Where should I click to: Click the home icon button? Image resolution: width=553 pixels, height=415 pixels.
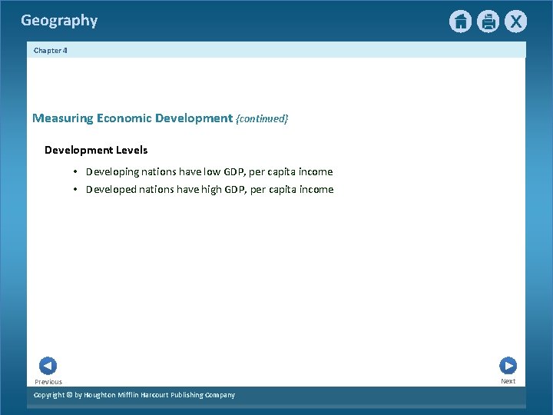(x=460, y=22)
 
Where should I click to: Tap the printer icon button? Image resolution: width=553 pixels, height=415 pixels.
(x=488, y=22)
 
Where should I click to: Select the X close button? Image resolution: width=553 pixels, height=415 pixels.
(x=515, y=22)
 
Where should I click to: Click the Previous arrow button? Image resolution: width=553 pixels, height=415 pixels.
(x=48, y=366)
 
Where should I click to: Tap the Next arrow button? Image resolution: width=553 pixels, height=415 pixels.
(x=508, y=366)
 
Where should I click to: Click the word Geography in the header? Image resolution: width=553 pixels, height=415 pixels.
(x=59, y=21)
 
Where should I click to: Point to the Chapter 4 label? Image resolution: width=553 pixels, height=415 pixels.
(x=51, y=50)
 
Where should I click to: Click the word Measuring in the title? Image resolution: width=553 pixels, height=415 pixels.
(x=62, y=118)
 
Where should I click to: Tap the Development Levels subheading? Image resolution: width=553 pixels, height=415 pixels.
(x=96, y=150)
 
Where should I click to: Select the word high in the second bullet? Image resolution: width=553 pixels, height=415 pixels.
(x=215, y=190)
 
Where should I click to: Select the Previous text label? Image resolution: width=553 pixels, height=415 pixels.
(x=48, y=382)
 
